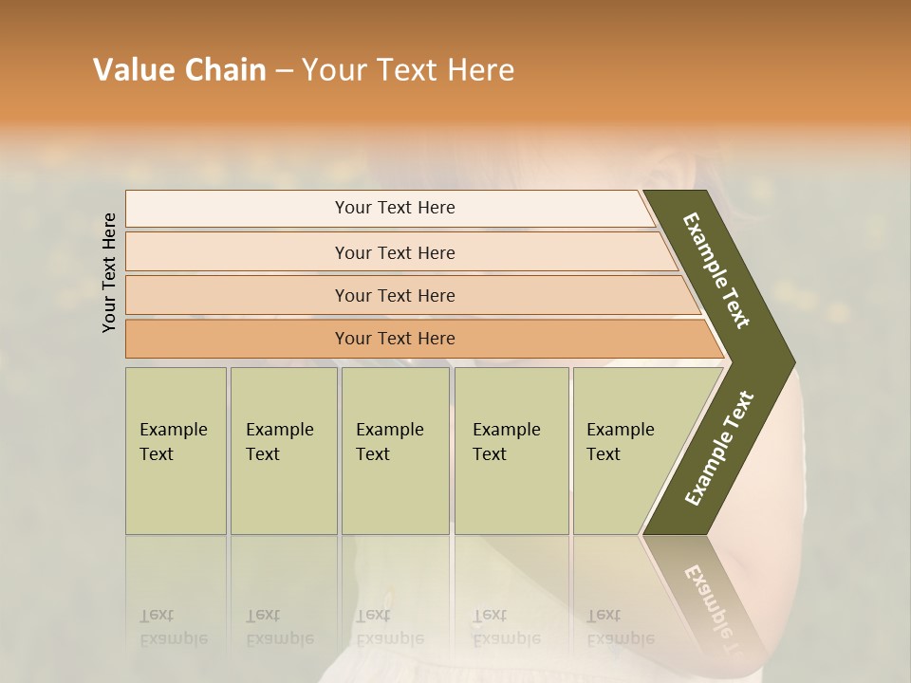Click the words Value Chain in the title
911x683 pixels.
[x=179, y=70]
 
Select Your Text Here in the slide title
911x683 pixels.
[x=408, y=70]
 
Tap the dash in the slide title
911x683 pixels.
[x=284, y=71]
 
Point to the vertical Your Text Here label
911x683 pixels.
[x=109, y=272]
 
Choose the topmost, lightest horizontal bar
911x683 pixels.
[x=394, y=208]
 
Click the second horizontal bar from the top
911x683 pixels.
[x=394, y=252]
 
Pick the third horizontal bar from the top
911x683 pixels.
[x=394, y=295]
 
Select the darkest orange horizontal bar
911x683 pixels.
[x=394, y=339]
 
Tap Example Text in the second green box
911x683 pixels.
[x=279, y=442]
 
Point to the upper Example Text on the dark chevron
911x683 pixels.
[x=716, y=270]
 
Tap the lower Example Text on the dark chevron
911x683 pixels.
[x=719, y=449]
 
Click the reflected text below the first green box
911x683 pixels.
[x=173, y=627]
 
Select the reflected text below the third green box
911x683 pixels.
[x=389, y=627]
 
